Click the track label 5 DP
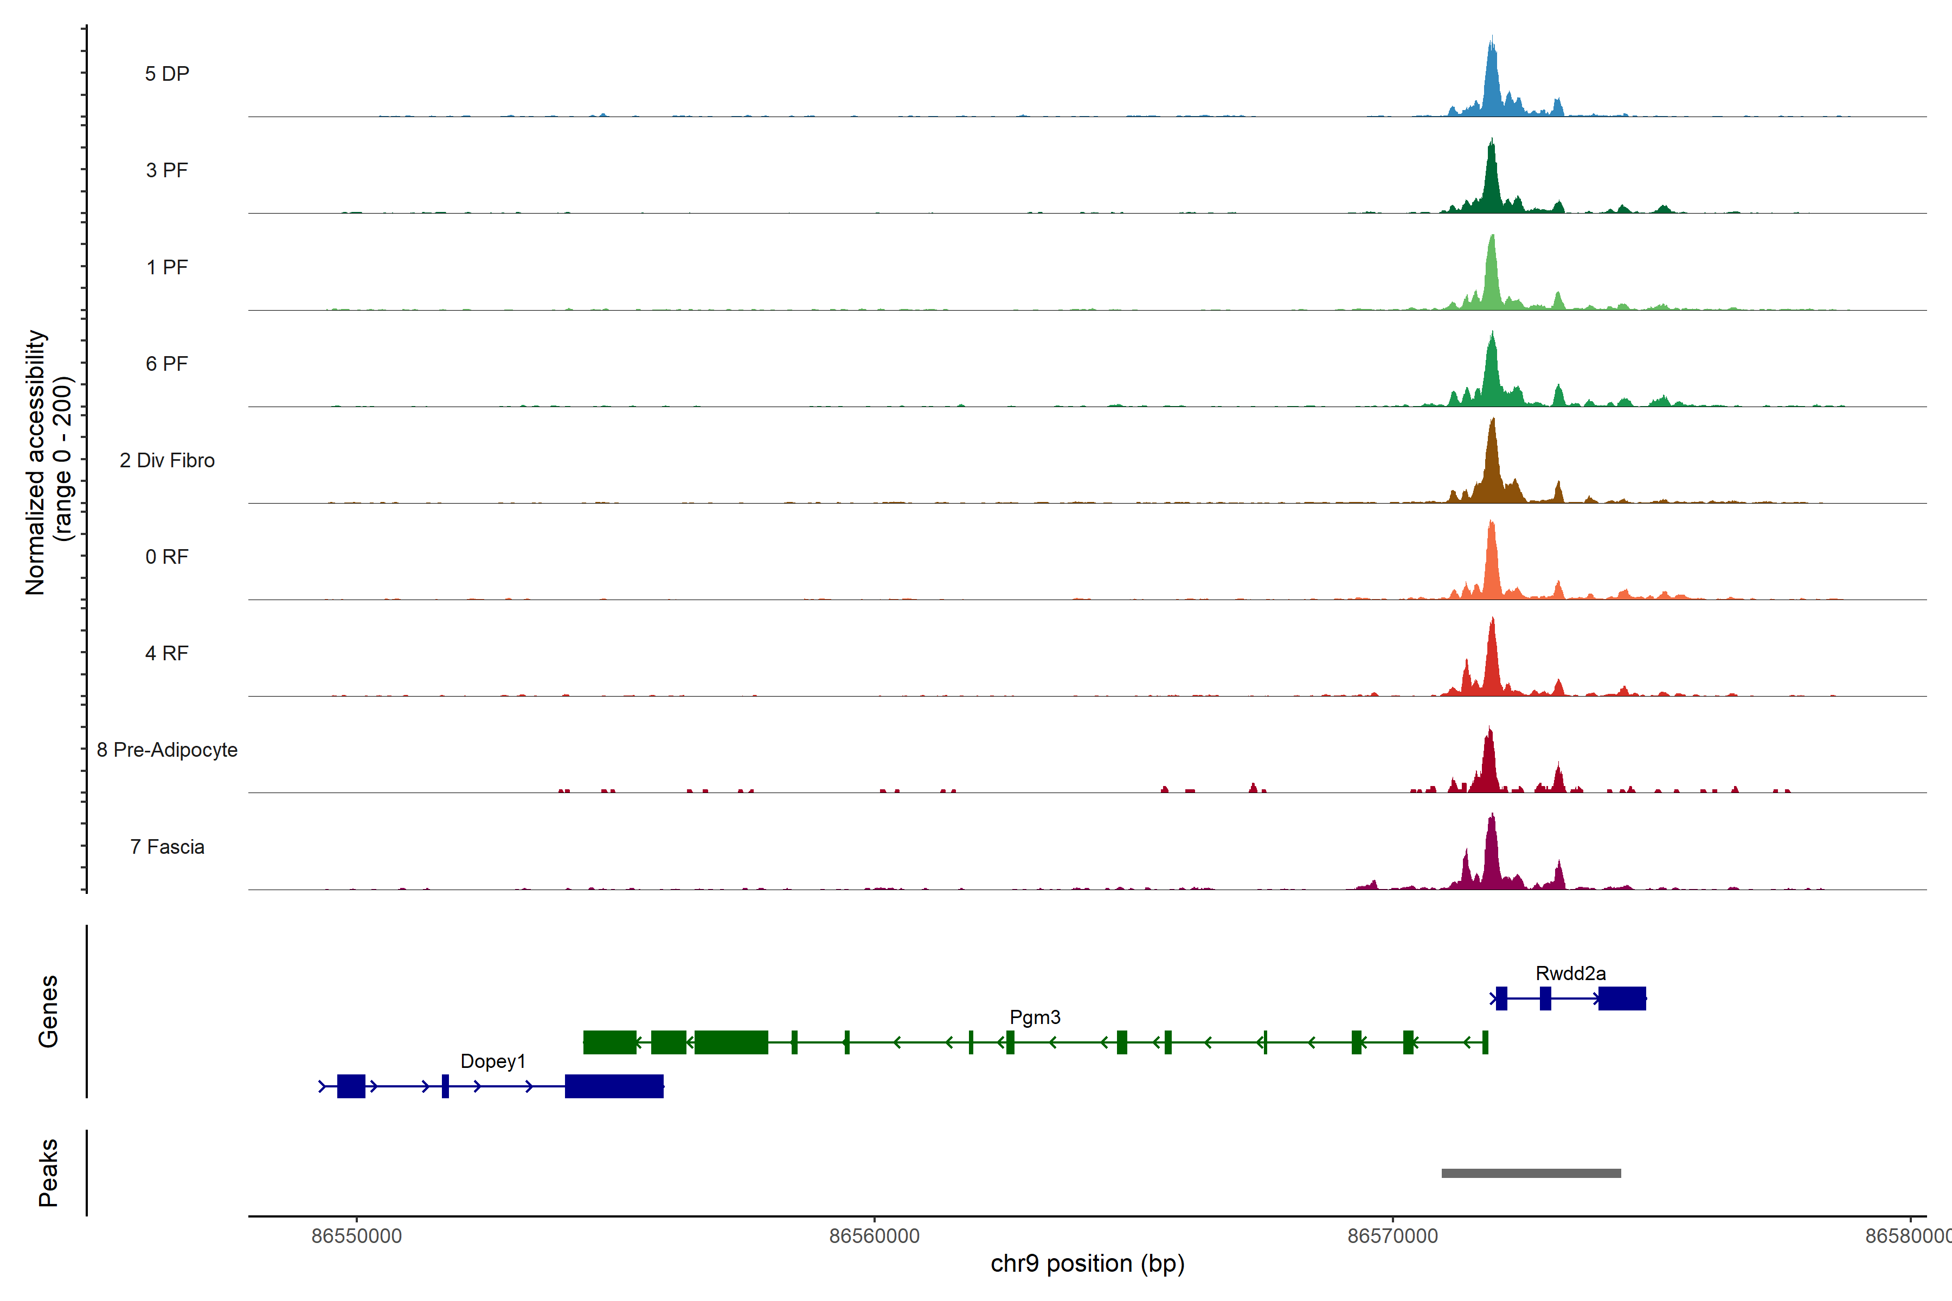pyautogui.click(x=167, y=74)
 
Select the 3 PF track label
pyautogui.click(x=167, y=170)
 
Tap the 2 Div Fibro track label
pyautogui.click(x=167, y=460)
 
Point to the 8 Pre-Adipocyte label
pyautogui.click(x=167, y=750)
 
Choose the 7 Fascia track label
pyautogui.click(x=167, y=847)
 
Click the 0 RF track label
pyautogui.click(x=167, y=557)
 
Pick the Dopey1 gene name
pyautogui.click(x=493, y=1061)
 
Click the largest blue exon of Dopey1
pyautogui.click(x=614, y=1086)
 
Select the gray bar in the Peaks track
pyautogui.click(x=1530, y=1173)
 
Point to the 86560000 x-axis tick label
pyautogui.click(x=874, y=1236)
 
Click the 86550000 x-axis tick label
pyautogui.click(x=356, y=1236)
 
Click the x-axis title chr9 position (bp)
pyautogui.click(x=1087, y=1264)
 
